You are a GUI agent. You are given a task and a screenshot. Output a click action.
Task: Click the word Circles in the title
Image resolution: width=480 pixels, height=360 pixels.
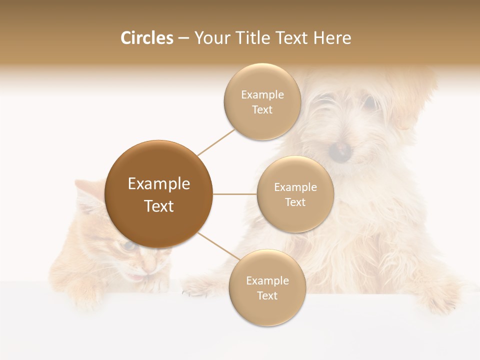[x=146, y=38]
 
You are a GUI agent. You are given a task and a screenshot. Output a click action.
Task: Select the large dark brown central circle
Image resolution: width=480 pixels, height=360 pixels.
[x=159, y=194]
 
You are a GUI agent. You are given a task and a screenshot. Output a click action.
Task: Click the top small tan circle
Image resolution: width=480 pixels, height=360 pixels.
[x=262, y=102]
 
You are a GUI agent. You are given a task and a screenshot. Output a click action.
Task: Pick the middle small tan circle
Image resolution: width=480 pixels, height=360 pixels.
[x=295, y=194]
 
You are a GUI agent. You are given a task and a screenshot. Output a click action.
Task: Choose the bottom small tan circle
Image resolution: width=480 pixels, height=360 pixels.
[x=267, y=288]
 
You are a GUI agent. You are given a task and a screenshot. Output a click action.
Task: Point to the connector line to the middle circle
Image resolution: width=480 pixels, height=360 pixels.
[x=234, y=194]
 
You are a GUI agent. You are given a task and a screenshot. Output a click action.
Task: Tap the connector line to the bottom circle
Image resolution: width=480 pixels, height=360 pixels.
[x=215, y=246]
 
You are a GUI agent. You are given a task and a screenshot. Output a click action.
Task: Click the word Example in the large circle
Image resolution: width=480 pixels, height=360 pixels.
[x=159, y=184]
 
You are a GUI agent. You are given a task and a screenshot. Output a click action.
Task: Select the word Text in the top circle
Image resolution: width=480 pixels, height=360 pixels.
[x=262, y=109]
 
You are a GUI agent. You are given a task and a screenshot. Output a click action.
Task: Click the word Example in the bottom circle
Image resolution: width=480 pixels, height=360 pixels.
[x=267, y=280]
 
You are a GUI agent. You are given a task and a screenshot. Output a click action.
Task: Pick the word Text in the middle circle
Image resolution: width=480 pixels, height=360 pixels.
[x=295, y=202]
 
